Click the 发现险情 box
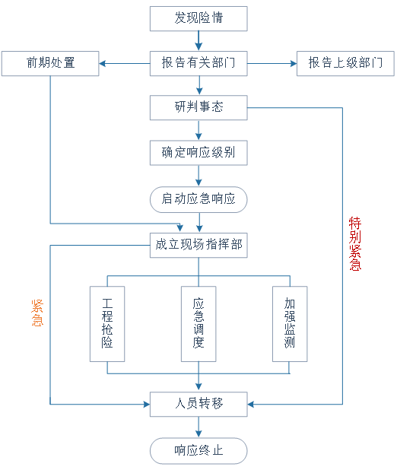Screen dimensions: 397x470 tap(198, 18)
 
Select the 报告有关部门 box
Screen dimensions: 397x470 tap(198, 63)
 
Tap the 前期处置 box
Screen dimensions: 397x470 tap(50, 63)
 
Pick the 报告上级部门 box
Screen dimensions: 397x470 tap(345, 63)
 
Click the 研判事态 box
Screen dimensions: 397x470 tap(198, 107)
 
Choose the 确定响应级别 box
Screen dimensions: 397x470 tap(198, 153)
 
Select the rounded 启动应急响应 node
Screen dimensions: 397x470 tap(198, 199)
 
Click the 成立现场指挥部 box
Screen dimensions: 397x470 tap(198, 245)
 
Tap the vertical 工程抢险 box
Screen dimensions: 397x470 tap(107, 324)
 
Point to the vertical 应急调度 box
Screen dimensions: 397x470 tap(198, 324)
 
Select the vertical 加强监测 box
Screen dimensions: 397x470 tap(290, 324)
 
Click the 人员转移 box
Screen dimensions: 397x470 tap(198, 404)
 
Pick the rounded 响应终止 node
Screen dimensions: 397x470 tap(198, 451)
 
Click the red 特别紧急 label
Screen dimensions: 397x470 tap(355, 243)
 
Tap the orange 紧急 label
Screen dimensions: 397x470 tap(37, 313)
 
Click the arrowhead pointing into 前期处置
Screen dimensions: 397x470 tap(102, 64)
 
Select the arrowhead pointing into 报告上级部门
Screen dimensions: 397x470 tap(294, 64)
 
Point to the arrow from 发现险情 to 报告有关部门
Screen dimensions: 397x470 tap(198, 41)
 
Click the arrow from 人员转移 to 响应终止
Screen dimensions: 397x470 tap(198, 427)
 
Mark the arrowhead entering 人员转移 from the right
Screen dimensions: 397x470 tap(251, 405)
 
